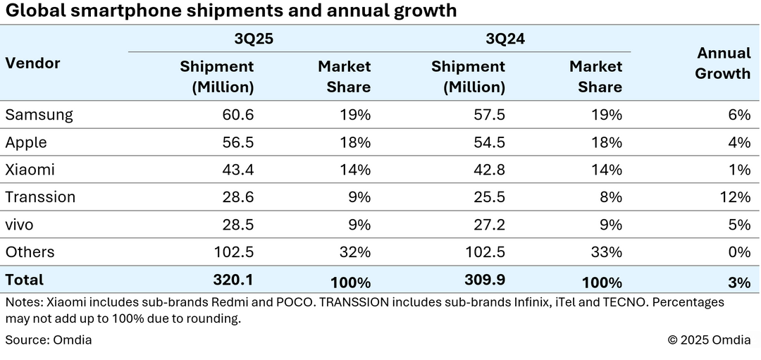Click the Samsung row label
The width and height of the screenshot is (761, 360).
39,114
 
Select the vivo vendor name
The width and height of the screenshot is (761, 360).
20,225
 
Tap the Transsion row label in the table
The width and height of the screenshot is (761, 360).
40,197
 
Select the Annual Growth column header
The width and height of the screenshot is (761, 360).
723,63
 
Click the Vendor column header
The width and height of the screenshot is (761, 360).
32,63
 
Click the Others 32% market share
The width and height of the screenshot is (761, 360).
356,252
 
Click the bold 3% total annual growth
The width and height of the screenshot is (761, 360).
739,283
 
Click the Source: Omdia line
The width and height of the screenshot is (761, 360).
49,340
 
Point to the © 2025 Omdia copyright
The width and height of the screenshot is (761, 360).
709,340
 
